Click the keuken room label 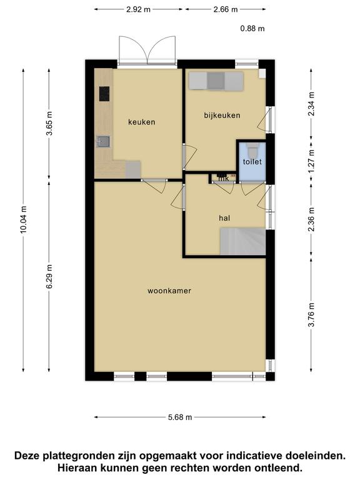pos(141,122)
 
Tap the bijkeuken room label pos(222,116)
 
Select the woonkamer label pos(169,291)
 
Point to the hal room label pos(224,218)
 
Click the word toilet pos(252,162)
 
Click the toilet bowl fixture pos(252,150)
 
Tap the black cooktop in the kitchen pos(104,94)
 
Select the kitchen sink pos(104,141)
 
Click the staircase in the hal pos(242,241)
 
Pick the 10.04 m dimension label pos(24,219)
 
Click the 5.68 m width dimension pos(180,417)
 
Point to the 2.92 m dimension pos(138,9)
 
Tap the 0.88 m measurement pos(252,29)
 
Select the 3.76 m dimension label pos(311,315)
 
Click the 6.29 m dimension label pos(49,276)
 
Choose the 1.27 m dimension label pos(311,161)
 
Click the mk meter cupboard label pos(224,178)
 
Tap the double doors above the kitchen pos(147,51)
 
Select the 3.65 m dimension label pos(49,123)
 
